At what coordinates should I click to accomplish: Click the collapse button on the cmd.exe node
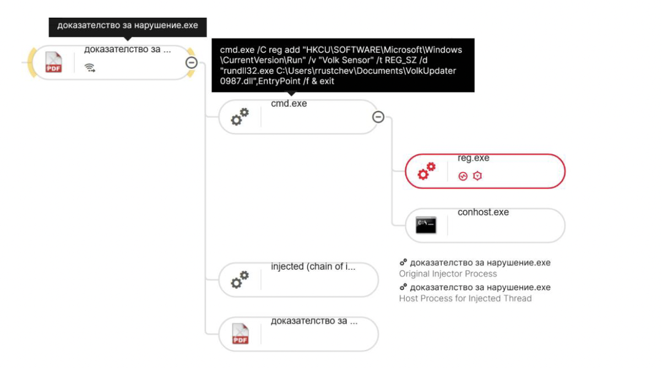coord(378,117)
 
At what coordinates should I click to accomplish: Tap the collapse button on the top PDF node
coord(191,63)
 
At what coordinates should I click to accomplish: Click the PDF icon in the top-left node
coord(53,62)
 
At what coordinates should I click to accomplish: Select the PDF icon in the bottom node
coord(240,334)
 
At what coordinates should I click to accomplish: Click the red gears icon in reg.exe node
coord(426,171)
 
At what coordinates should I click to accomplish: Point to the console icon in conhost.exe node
coord(426,225)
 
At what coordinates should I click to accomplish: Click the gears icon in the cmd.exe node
coord(240,117)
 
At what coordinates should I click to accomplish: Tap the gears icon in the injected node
coord(240,279)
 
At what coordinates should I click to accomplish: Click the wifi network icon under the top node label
coord(90,68)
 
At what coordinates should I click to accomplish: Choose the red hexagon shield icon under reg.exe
coord(477,176)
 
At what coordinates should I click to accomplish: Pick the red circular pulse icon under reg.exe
coord(463,176)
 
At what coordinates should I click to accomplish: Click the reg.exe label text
coord(474,158)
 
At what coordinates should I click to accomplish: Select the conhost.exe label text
coord(483,212)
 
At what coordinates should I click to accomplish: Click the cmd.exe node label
coord(289,104)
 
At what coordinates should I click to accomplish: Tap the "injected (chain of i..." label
coord(313,267)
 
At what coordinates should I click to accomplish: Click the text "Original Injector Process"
coord(448,274)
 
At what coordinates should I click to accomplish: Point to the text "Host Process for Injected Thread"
coord(465,299)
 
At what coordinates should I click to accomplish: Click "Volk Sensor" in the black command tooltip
coord(340,60)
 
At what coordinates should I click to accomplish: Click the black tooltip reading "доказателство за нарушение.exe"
coord(128,27)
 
